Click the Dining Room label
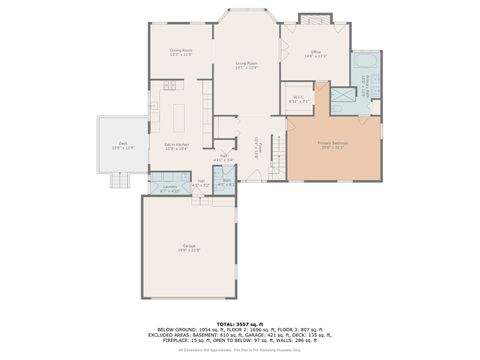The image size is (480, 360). pos(180,51)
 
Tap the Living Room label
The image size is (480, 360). pos(247,65)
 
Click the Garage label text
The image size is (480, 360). pos(189,248)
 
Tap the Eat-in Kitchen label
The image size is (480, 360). pos(177,146)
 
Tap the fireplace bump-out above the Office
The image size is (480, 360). pos(313,19)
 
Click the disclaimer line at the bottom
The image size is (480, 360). pos(239,350)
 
